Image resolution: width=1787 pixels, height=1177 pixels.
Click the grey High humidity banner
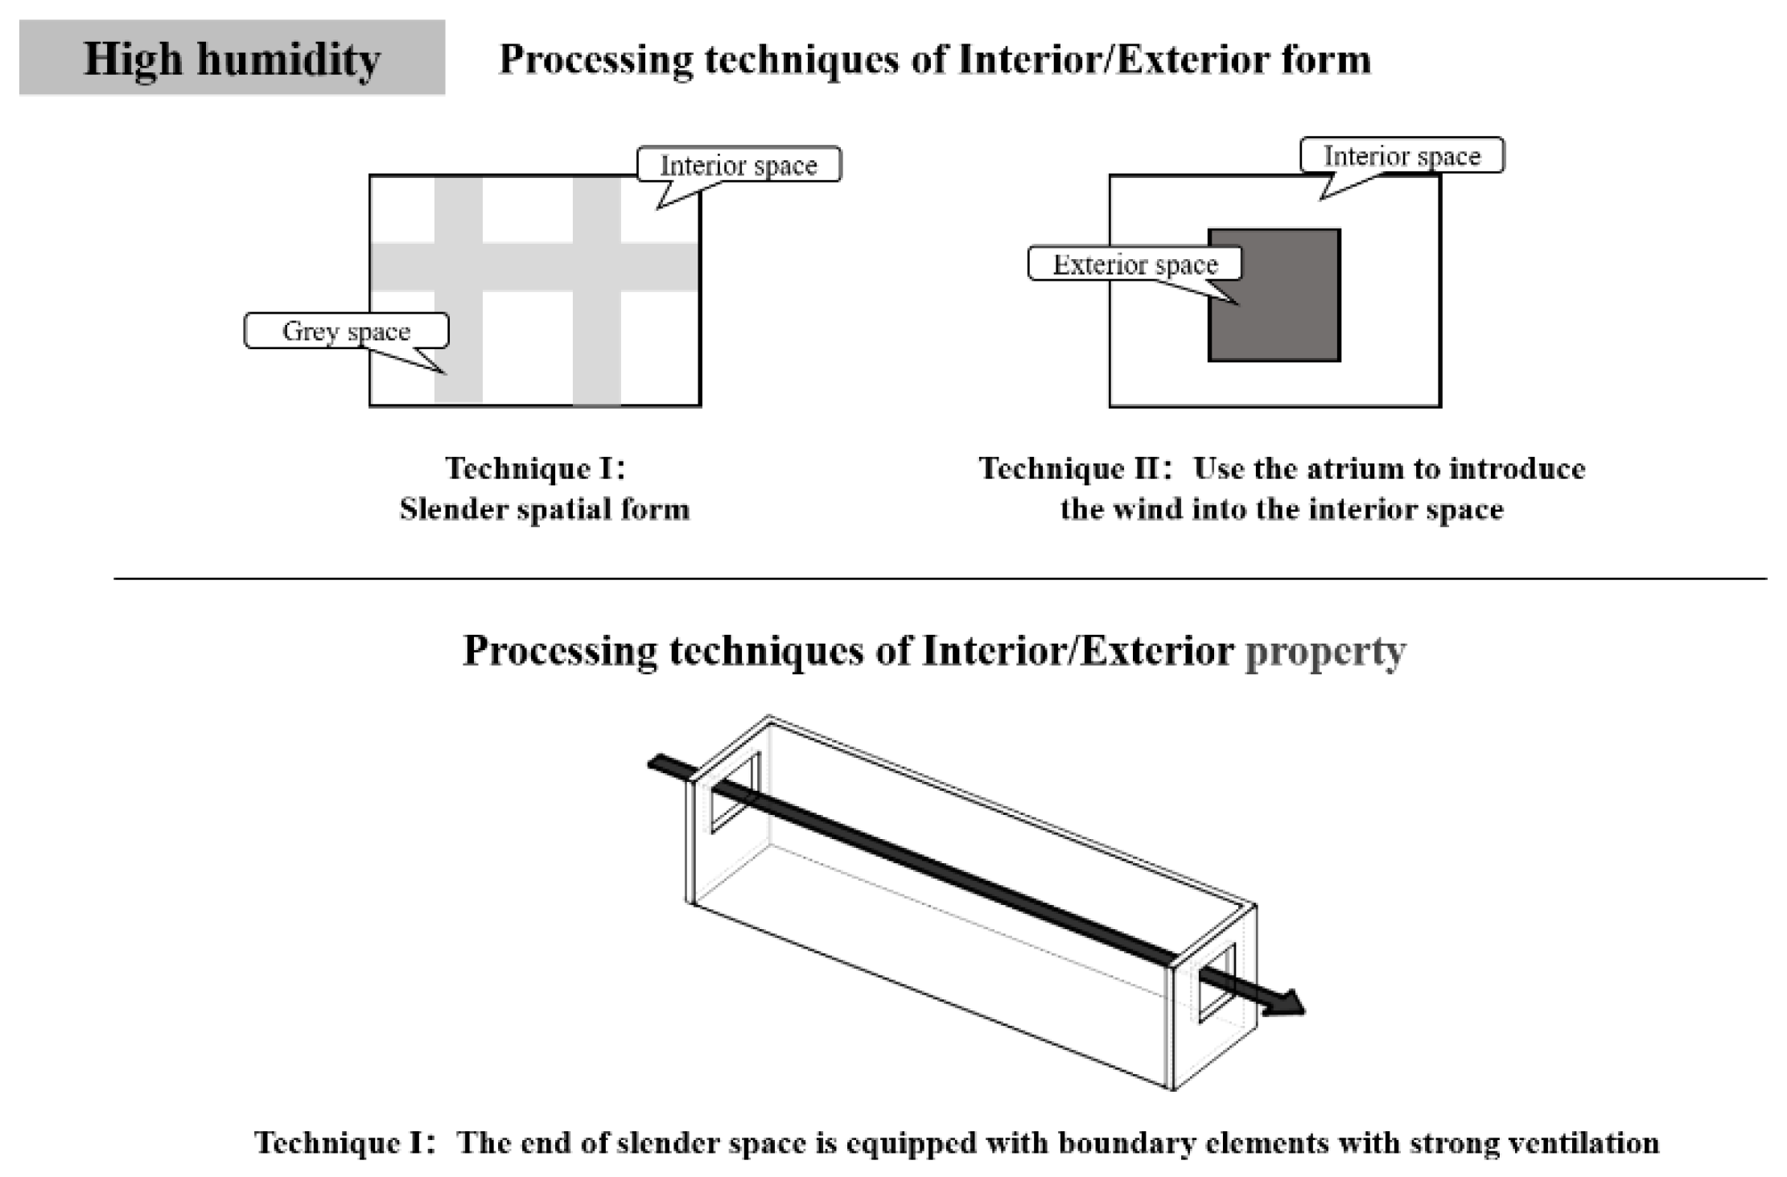(x=232, y=58)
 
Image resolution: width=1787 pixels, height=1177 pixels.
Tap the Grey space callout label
(x=346, y=331)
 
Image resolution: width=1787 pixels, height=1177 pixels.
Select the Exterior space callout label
(x=1134, y=264)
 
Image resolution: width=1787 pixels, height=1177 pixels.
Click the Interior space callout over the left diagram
(x=739, y=165)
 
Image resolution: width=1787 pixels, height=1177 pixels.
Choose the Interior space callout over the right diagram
(x=1402, y=155)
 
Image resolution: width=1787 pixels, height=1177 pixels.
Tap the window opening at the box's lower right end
(x=1217, y=983)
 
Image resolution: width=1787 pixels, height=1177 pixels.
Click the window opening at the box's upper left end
(x=735, y=792)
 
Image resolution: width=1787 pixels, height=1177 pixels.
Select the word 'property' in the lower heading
(x=1325, y=651)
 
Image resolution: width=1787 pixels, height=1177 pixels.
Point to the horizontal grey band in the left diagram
(x=534, y=266)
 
